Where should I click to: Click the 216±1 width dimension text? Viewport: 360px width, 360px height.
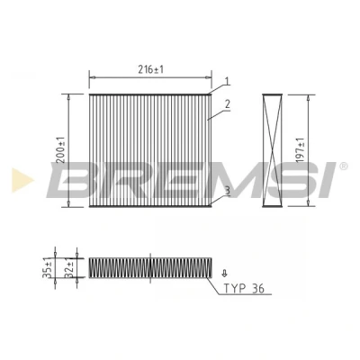[x=151, y=70]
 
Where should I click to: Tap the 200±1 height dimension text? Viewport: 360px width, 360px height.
[x=61, y=150]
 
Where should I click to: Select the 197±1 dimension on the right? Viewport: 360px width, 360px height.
[x=300, y=150]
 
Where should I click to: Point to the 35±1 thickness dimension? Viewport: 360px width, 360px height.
[x=48, y=267]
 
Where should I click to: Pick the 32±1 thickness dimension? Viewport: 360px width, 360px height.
[x=69, y=267]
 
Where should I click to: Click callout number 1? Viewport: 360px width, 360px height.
[x=228, y=81]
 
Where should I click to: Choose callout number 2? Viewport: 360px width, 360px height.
[x=228, y=104]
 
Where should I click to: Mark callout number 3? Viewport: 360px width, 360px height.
[x=227, y=191]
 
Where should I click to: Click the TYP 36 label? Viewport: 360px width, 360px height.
[x=244, y=289]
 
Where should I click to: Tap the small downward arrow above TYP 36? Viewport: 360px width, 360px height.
[x=224, y=273]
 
